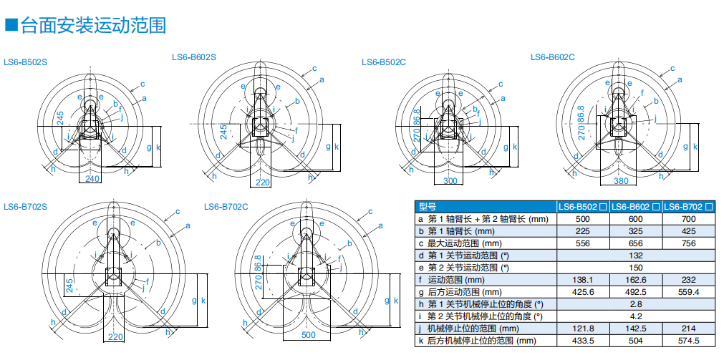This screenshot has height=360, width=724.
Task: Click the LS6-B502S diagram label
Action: click(26, 62)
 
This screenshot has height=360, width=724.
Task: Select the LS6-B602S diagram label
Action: click(194, 57)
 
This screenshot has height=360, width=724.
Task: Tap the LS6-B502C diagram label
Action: click(384, 62)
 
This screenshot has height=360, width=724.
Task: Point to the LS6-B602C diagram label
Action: click(552, 57)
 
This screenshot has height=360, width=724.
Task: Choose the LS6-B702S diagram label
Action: click(26, 207)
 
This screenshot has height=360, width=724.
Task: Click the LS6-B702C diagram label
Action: click(226, 207)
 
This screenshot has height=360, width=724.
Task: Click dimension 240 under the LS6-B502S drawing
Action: click(93, 179)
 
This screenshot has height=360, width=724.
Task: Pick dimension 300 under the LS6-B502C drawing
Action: click(450, 181)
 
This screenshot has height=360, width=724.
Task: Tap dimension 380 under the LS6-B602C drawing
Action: click(620, 180)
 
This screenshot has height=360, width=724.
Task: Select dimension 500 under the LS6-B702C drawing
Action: click(309, 334)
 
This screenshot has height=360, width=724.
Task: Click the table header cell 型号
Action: click(428, 206)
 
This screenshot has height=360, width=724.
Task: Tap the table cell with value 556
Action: click(583, 243)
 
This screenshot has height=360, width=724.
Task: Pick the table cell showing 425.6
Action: click(583, 291)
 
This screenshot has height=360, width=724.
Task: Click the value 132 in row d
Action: click(637, 255)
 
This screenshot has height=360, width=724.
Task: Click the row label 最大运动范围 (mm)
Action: click(465, 243)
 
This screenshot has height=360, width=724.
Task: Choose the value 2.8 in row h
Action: click(637, 303)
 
